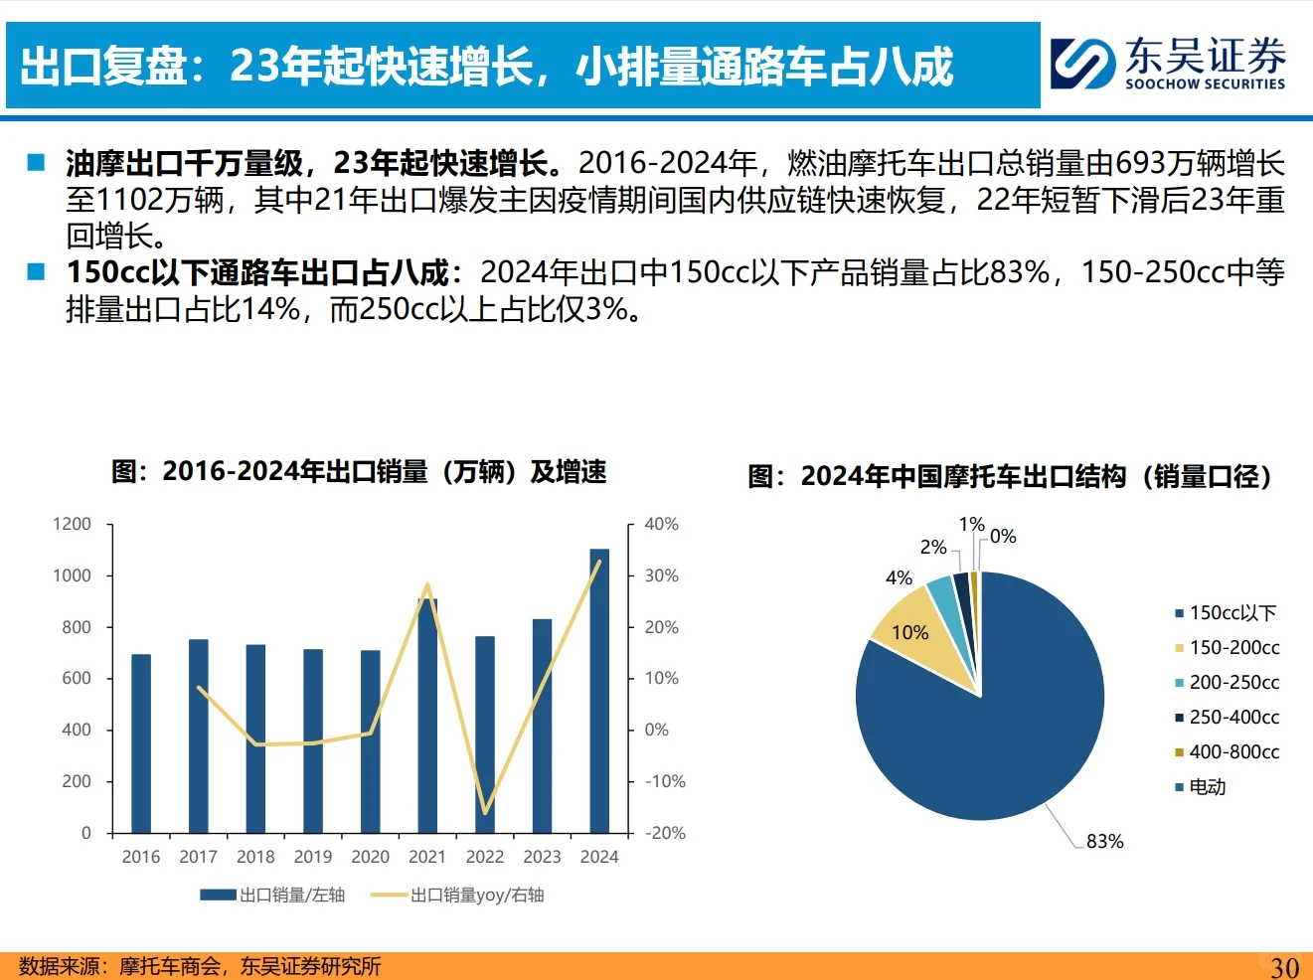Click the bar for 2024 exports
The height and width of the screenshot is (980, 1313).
click(599, 691)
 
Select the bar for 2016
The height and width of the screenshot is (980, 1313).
click(141, 743)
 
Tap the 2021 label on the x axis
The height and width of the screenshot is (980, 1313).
click(427, 857)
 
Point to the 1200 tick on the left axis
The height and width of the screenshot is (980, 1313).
click(72, 524)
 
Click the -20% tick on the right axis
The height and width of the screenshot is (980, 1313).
click(665, 833)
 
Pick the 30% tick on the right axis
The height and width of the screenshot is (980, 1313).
click(662, 575)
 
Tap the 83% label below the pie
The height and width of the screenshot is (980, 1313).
click(1104, 841)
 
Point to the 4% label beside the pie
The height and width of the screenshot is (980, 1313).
click(899, 577)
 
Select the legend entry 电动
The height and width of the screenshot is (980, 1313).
click(1207, 786)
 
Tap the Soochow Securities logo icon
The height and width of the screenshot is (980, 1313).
click(1082, 64)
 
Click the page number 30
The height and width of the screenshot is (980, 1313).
click(1284, 966)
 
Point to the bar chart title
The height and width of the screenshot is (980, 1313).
click(359, 471)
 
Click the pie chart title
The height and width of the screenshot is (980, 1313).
click(1010, 476)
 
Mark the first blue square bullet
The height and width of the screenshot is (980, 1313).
click(37, 162)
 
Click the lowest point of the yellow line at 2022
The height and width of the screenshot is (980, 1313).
click(485, 812)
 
